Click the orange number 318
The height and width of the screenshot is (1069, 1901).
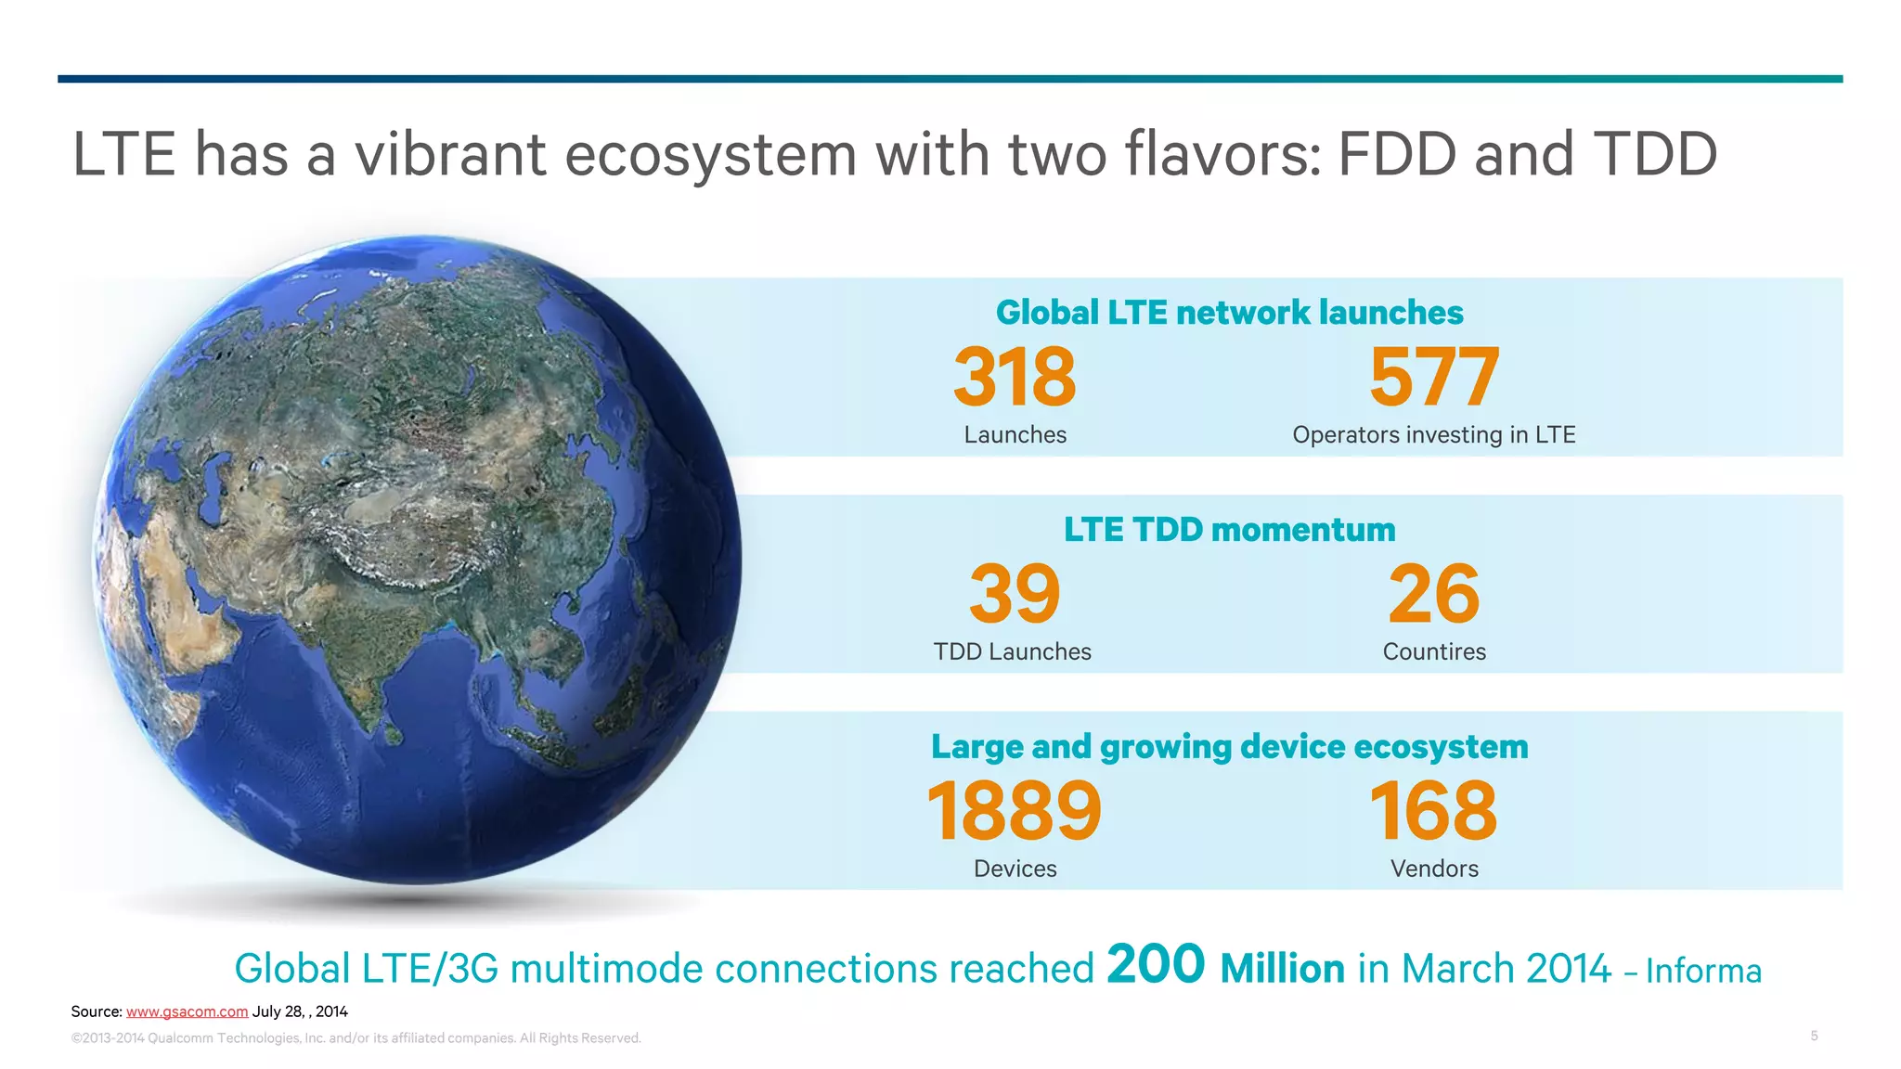pyautogui.click(x=1015, y=377)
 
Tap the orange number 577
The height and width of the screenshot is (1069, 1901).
pyautogui.click(x=1434, y=377)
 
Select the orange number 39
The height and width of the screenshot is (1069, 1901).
pyautogui.click(x=1015, y=594)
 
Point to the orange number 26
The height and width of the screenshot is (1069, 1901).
pyautogui.click(x=1434, y=594)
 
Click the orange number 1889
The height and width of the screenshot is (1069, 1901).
pyautogui.click(x=1015, y=811)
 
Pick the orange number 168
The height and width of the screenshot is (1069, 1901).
pyautogui.click(x=1434, y=811)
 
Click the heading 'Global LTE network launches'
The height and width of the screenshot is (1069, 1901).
pyautogui.click(x=1229, y=313)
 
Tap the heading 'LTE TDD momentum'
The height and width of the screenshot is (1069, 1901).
pyautogui.click(x=1229, y=530)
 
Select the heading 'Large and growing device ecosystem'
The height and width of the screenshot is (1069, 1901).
pyautogui.click(x=1229, y=747)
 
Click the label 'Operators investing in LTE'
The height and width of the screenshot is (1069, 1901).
pyautogui.click(x=1434, y=434)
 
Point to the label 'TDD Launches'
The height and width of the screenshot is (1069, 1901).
pyautogui.click(x=1013, y=651)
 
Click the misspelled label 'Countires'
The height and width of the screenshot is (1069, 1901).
pyautogui.click(x=1434, y=651)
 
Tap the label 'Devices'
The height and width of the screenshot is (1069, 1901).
pyautogui.click(x=1015, y=869)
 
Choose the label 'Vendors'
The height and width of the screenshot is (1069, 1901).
pyautogui.click(x=1434, y=869)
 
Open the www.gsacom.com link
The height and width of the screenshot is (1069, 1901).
pyautogui.click(x=187, y=1011)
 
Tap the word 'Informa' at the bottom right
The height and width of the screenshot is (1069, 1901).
pyautogui.click(x=1703, y=972)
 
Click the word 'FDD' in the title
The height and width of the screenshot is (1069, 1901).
pyautogui.click(x=1399, y=154)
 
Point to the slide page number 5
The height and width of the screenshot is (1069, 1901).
pyautogui.click(x=1814, y=1036)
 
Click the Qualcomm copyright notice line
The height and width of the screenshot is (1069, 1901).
pyautogui.click(x=356, y=1038)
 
